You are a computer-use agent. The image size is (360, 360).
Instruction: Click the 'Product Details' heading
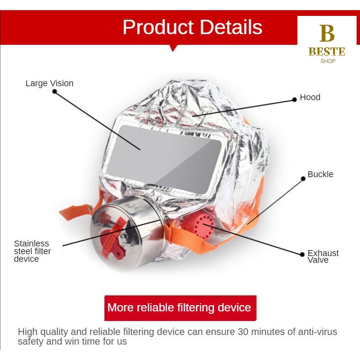192,27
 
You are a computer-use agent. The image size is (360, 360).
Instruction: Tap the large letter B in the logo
327,34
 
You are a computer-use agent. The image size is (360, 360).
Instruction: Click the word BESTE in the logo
327,51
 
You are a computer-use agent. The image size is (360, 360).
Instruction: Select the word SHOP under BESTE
327,61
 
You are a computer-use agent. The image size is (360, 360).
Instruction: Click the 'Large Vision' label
50,83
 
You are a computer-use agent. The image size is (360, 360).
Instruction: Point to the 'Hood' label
310,97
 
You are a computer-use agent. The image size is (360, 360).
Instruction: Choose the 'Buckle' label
320,174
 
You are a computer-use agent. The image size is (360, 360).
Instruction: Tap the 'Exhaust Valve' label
323,257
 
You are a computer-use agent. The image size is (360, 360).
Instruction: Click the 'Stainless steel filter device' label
32,251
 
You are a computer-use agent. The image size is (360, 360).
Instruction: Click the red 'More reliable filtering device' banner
180,308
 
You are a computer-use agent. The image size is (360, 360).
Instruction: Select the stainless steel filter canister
130,231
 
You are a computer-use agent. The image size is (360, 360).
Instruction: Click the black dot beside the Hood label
295,100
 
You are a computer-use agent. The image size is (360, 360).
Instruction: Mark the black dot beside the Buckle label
303,179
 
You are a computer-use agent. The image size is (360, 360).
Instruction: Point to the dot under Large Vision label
55,91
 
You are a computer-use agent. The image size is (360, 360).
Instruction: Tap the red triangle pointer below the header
173,48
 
